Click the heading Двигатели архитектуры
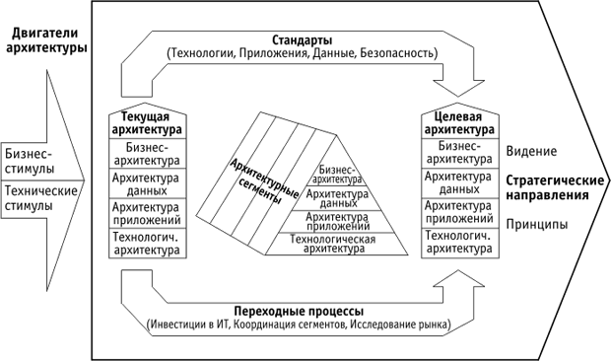click(43, 40)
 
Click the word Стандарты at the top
click(302, 39)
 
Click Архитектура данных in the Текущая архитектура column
click(146, 183)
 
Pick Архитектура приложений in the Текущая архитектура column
click(146, 214)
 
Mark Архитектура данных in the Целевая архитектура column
click(458, 183)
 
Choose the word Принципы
click(536, 225)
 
